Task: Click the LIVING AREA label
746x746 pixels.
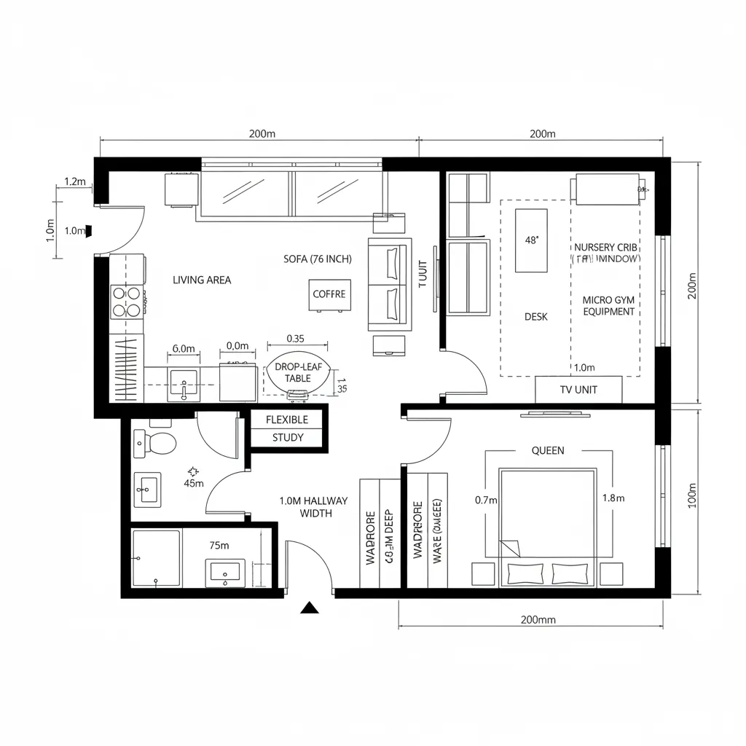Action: click(x=202, y=280)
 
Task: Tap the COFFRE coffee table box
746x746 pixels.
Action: click(x=329, y=294)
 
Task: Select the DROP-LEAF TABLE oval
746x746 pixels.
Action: click(x=297, y=373)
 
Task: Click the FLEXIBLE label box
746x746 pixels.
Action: click(x=287, y=420)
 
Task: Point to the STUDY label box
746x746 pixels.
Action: click(x=287, y=438)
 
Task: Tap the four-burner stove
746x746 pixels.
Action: click(x=127, y=301)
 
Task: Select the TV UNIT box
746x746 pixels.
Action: click(x=578, y=389)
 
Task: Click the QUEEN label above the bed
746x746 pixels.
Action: click(x=548, y=450)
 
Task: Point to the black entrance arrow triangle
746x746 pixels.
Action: click(x=311, y=608)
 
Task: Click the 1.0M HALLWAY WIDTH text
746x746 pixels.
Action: click(x=314, y=507)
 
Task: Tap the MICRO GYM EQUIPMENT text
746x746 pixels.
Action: click(x=608, y=306)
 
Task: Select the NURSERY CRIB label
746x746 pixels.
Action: click(x=605, y=248)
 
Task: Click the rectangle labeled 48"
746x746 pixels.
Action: click(x=531, y=240)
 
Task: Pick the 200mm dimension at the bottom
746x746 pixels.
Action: click(x=538, y=619)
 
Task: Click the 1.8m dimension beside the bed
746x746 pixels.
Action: click(x=613, y=499)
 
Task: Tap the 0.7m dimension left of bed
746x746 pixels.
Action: click(x=485, y=500)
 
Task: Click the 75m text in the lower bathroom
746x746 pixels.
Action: click(x=219, y=545)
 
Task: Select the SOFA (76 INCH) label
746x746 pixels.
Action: click(x=318, y=259)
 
